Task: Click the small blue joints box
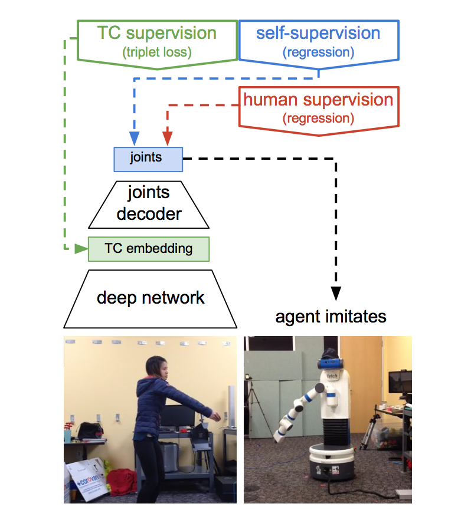click(148, 159)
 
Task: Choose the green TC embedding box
click(148, 249)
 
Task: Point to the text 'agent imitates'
click(331, 317)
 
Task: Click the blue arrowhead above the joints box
click(134, 139)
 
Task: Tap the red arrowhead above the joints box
click(168, 139)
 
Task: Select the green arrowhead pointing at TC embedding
click(81, 249)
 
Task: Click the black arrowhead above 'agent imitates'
click(336, 294)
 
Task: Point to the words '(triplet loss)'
click(157, 52)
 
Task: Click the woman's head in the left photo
click(156, 367)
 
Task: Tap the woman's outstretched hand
click(216, 416)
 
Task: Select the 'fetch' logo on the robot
click(332, 376)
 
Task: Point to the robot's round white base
click(332, 461)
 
